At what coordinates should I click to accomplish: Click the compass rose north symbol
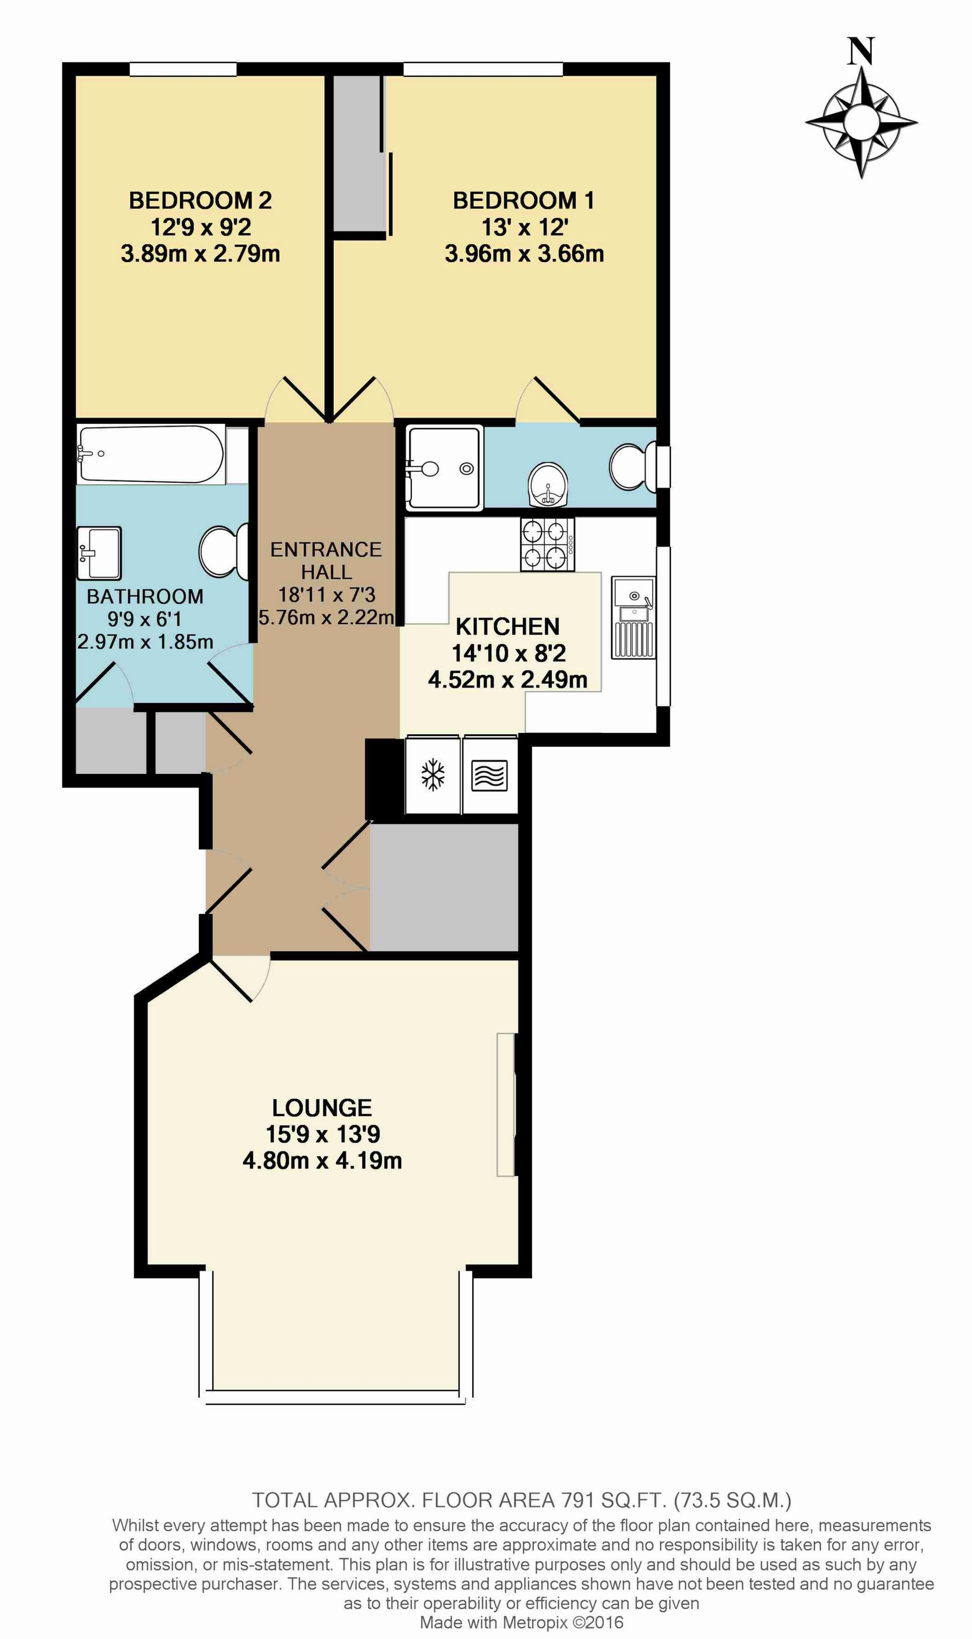coord(861,109)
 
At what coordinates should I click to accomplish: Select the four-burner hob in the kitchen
coord(548,544)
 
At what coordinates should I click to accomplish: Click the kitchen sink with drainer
coord(633,617)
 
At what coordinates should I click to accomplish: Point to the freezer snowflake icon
coord(432,775)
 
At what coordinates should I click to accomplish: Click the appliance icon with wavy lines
coord(489,775)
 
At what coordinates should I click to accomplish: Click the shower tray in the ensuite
coord(445,467)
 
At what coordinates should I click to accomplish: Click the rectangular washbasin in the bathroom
coord(99,553)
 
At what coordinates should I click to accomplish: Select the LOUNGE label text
coord(322,1107)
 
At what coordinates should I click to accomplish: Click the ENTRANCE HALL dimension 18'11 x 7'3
coord(327,594)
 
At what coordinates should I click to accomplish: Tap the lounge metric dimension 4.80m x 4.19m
coord(322,1161)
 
